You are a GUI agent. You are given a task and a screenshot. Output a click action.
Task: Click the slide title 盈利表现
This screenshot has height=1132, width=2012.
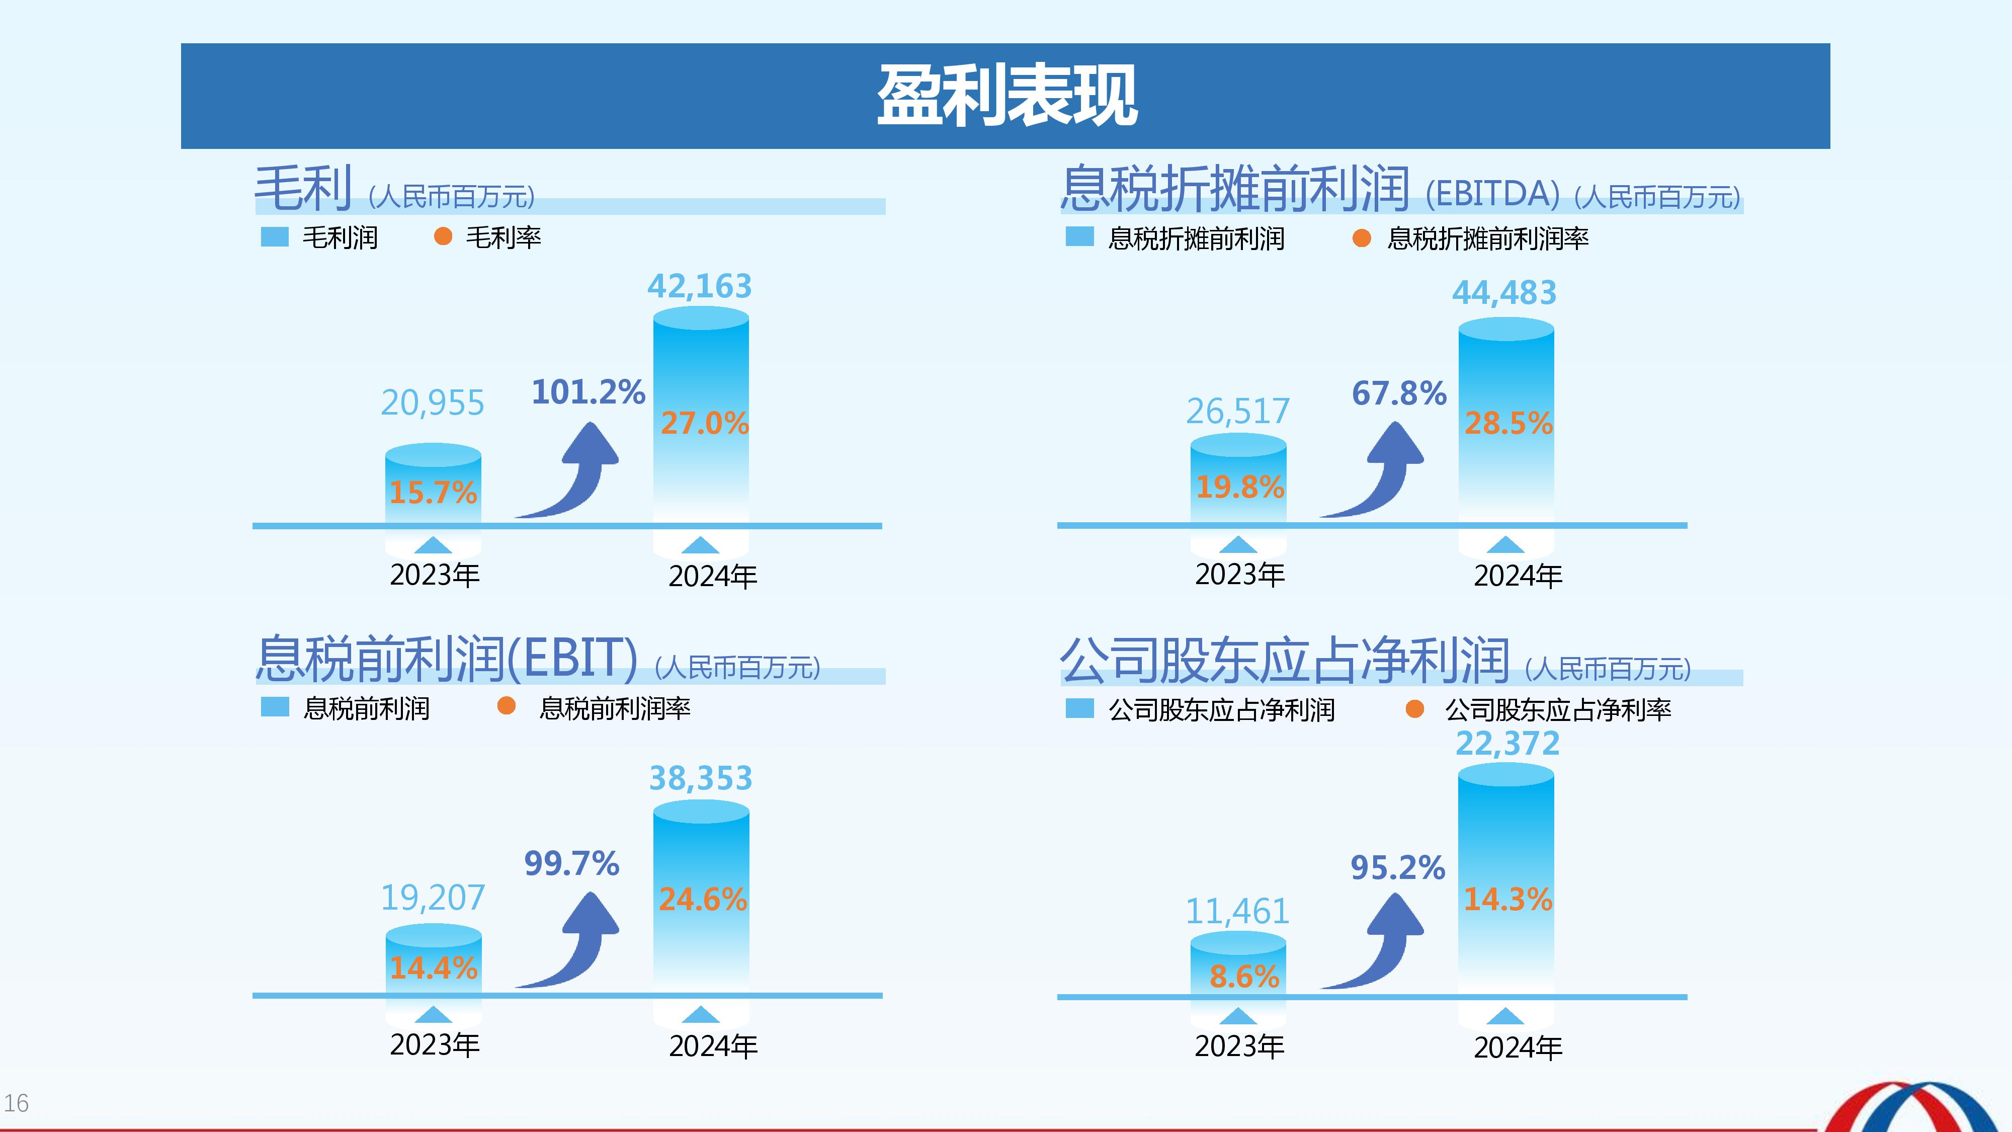click(x=1006, y=96)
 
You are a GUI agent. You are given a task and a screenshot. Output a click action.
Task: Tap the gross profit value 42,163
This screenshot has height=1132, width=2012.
click(x=699, y=286)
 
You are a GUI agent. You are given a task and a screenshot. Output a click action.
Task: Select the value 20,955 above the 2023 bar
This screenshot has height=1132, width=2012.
click(x=433, y=403)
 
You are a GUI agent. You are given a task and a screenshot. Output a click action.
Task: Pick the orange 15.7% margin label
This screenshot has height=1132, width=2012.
click(x=433, y=492)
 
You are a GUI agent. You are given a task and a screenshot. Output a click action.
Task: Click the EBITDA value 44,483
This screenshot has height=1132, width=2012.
click(x=1504, y=293)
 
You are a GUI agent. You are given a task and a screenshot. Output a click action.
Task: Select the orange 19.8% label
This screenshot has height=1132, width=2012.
click(x=1239, y=487)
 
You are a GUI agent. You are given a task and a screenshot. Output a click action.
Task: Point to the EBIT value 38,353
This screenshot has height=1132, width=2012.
click(x=701, y=778)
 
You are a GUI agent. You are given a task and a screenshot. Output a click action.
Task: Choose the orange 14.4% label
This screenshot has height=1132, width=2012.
click(x=434, y=968)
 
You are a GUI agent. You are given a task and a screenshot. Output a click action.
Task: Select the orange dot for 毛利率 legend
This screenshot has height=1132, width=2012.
click(x=443, y=236)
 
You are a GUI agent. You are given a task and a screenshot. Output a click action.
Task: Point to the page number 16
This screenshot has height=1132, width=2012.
click(x=17, y=1103)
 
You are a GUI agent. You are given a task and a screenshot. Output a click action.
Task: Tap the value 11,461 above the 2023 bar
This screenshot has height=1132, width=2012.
click(x=1237, y=911)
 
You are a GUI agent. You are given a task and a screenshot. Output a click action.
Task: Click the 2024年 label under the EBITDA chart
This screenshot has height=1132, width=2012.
click(x=1518, y=576)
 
